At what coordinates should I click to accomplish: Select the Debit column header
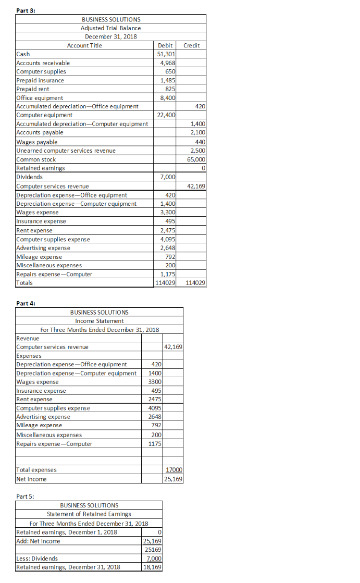(165, 45)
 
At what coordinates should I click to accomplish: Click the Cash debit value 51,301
(166, 54)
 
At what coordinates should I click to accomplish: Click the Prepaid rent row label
(33, 89)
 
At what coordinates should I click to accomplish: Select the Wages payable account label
(37, 142)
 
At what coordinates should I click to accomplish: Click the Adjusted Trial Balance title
(110, 28)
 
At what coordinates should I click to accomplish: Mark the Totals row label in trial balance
(24, 282)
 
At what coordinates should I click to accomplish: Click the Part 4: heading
(26, 303)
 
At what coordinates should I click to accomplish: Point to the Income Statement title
(100, 320)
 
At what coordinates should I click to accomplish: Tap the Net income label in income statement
(32, 479)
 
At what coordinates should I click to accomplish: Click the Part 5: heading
(26, 496)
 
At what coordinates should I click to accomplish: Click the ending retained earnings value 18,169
(152, 567)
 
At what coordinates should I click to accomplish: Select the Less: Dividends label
(38, 559)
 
